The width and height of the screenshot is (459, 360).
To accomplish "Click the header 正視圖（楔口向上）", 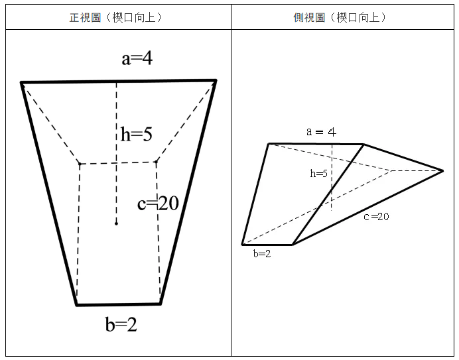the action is [x=115, y=17].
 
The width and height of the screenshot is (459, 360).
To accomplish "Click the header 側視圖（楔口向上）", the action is [x=340, y=17].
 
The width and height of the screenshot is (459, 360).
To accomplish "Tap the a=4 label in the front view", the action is [x=137, y=58].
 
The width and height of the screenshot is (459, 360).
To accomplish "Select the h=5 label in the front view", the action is [x=137, y=135].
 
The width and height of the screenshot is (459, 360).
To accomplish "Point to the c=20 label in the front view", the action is [x=158, y=203].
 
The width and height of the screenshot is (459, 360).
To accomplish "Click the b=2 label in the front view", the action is [x=121, y=324].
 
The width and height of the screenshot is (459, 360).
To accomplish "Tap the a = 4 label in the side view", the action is [x=322, y=132].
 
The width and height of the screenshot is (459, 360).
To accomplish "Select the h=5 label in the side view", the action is [x=318, y=174].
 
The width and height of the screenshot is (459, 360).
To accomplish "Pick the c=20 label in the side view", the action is [x=377, y=217].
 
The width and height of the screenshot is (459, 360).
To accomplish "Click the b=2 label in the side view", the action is [x=262, y=254].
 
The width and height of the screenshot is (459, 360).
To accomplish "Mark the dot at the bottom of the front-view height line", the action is [x=116, y=223].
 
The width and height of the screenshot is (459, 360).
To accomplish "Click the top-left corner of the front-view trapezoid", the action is [x=21, y=83].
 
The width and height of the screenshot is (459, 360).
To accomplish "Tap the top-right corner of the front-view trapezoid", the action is [x=216, y=80].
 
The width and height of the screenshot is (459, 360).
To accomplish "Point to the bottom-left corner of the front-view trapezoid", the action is [x=77, y=305].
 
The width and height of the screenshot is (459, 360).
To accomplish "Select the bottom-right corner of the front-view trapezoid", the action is [x=161, y=304].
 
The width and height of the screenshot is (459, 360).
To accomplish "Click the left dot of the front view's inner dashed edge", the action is [x=80, y=164].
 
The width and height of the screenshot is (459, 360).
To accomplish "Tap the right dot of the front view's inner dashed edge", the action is [x=156, y=162].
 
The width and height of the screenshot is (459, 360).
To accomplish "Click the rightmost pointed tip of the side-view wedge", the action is [x=442, y=171].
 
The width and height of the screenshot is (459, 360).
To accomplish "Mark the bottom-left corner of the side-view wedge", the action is [x=242, y=245].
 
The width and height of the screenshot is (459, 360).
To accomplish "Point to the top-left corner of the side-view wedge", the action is [x=269, y=144].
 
